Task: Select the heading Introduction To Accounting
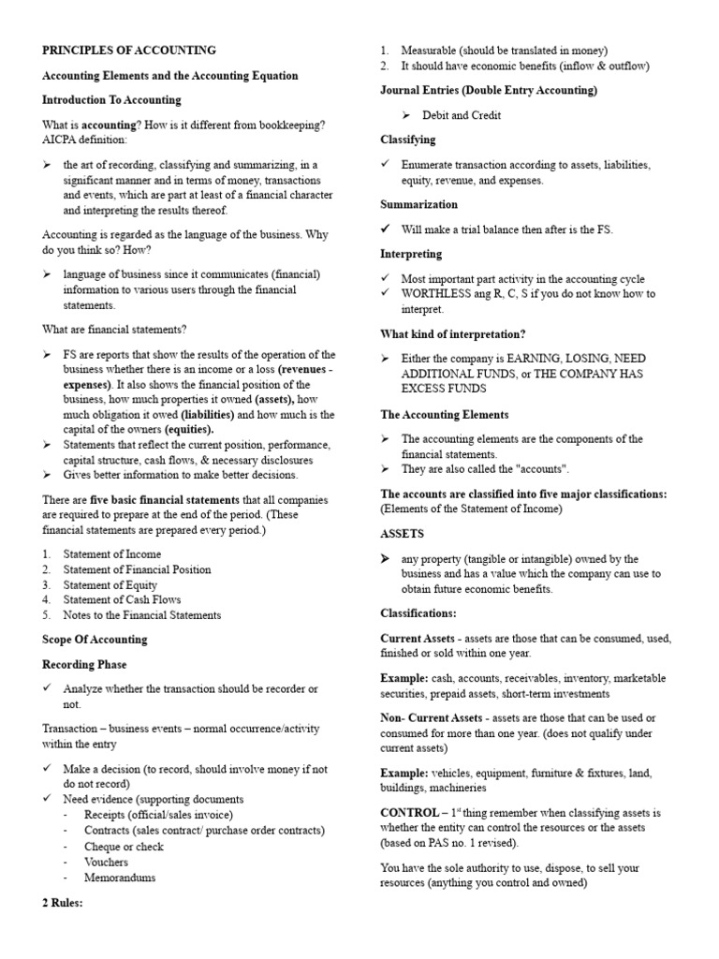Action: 112,99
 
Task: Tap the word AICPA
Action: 61,140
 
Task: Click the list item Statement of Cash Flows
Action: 122,599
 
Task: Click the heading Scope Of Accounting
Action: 95,640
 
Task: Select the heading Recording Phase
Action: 88,664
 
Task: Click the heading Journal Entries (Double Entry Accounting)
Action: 489,91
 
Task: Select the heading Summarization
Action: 418,204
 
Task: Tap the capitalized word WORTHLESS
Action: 437,294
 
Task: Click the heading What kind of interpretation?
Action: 452,333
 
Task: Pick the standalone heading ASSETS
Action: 402,534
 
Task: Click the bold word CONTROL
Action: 409,812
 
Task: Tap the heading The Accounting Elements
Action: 445,414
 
